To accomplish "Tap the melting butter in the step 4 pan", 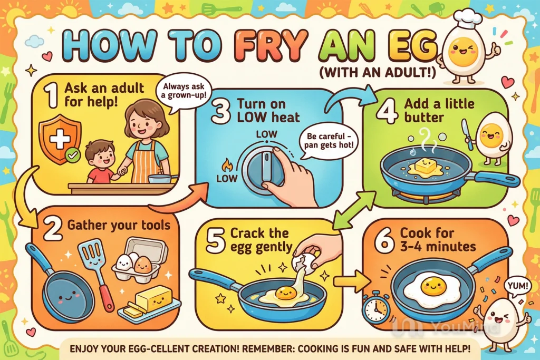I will (x=426, y=168).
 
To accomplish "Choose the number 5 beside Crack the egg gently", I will (x=216, y=239).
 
